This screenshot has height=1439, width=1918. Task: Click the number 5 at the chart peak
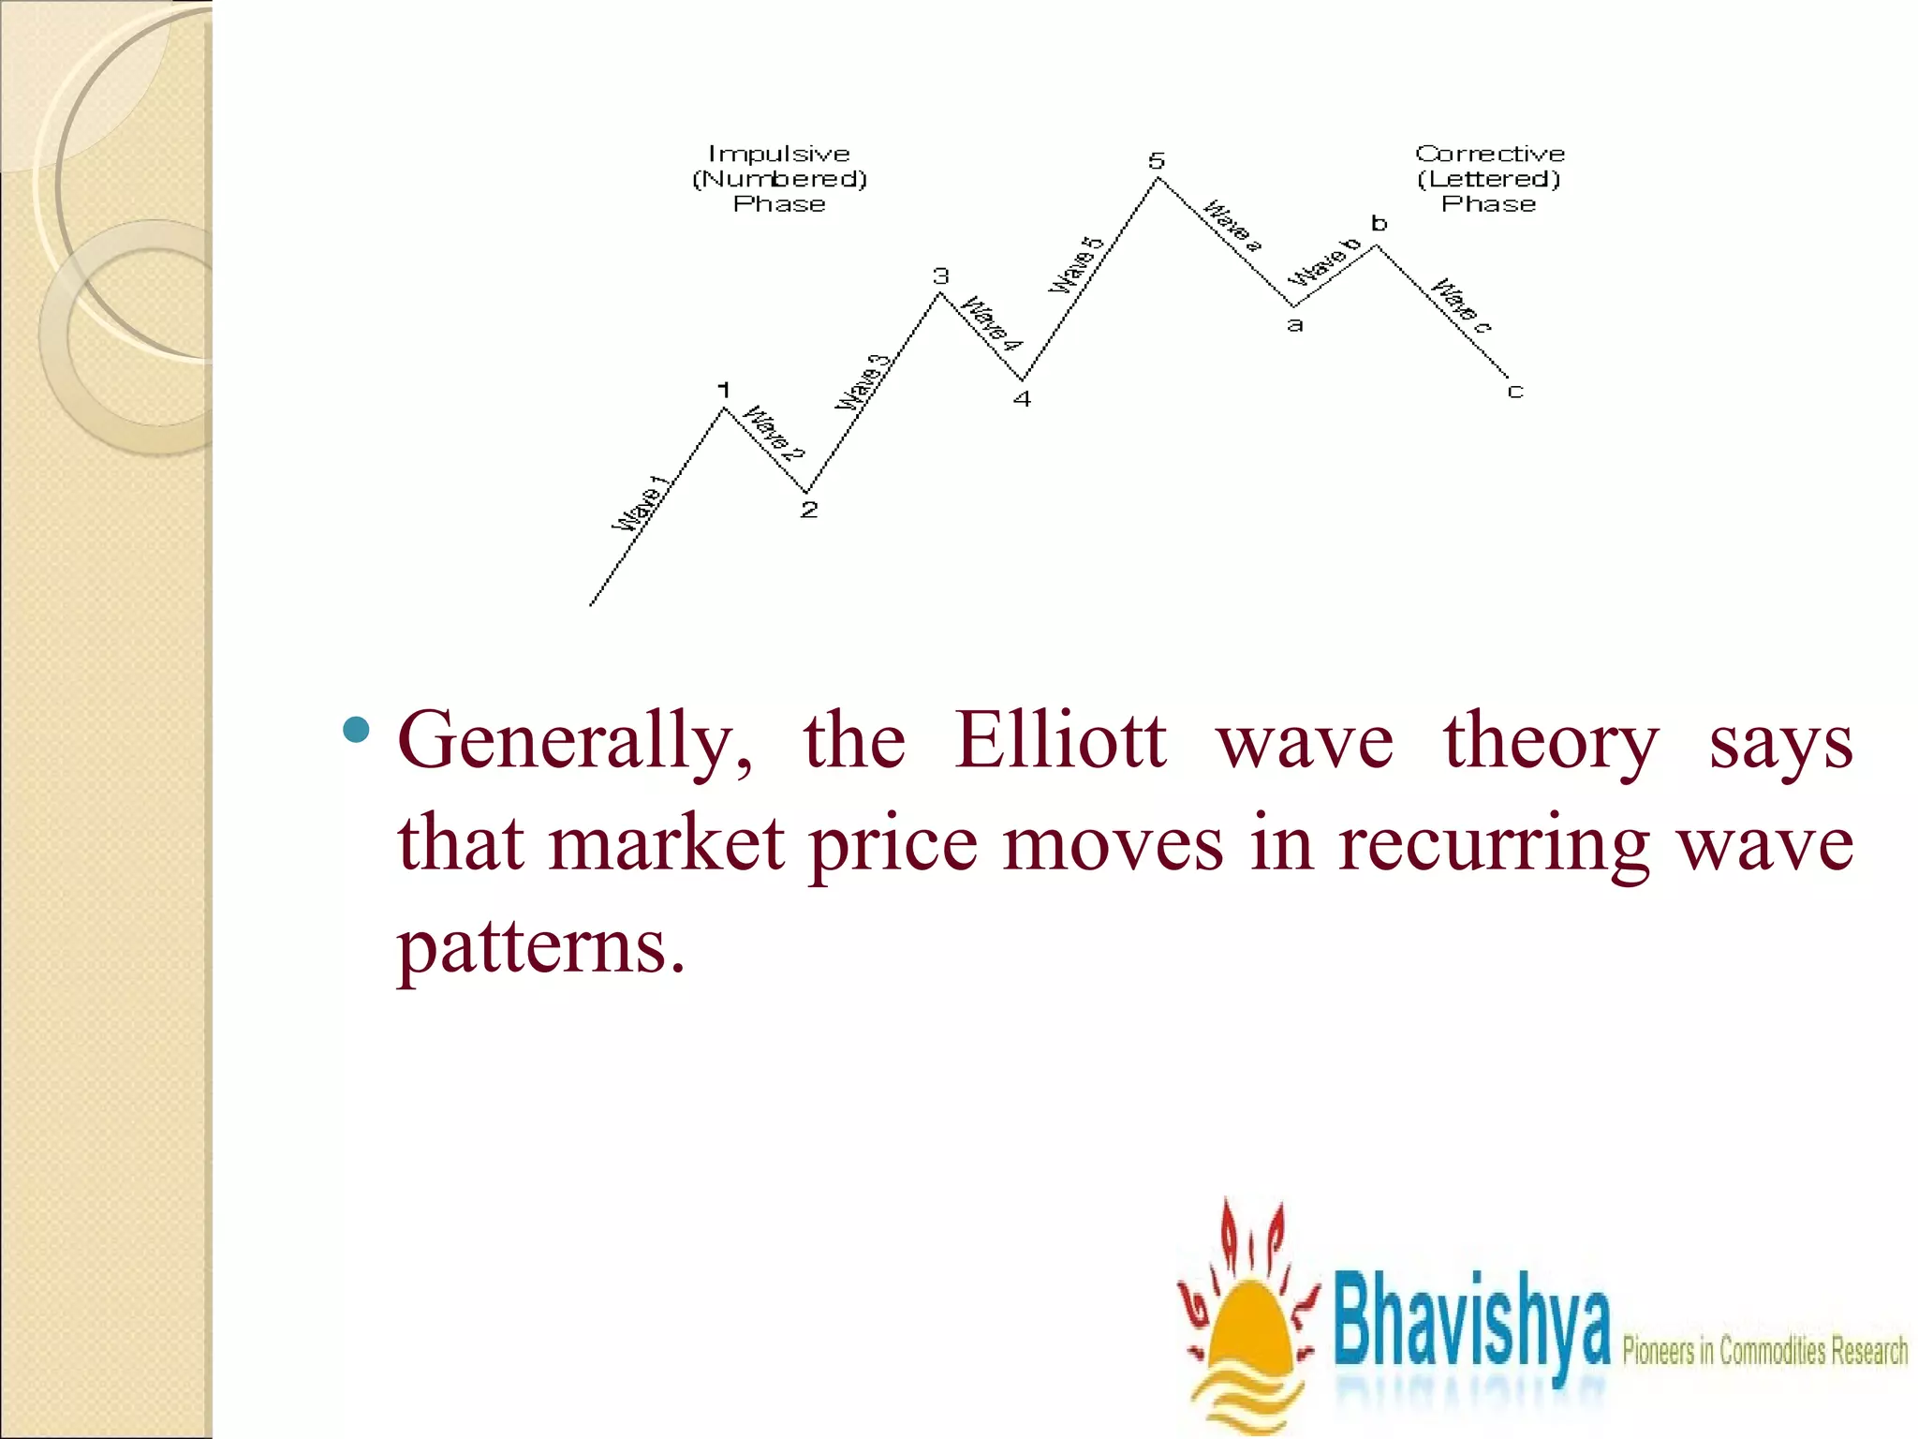[x=1157, y=161]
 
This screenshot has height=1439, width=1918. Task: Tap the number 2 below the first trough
[x=809, y=510]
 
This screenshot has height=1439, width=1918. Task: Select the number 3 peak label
[x=940, y=276]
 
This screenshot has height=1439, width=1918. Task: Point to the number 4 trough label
[x=1022, y=399]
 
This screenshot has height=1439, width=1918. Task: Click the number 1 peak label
[x=723, y=390]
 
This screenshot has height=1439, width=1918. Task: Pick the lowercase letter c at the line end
[x=1515, y=392]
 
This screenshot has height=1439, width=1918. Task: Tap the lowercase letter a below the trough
[x=1295, y=325]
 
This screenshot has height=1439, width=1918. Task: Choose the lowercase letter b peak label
[x=1379, y=223]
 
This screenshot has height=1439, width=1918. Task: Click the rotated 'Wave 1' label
[x=642, y=503]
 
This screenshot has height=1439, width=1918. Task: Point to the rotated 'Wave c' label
[x=1461, y=305]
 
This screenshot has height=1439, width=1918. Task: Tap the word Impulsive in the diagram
[x=779, y=154]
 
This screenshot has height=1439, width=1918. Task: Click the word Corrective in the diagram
[x=1489, y=154]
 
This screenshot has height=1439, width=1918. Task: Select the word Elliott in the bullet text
[x=1060, y=741]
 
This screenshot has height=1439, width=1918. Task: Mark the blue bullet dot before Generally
[x=357, y=729]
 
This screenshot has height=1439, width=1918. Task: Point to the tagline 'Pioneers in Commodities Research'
[x=1764, y=1351]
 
